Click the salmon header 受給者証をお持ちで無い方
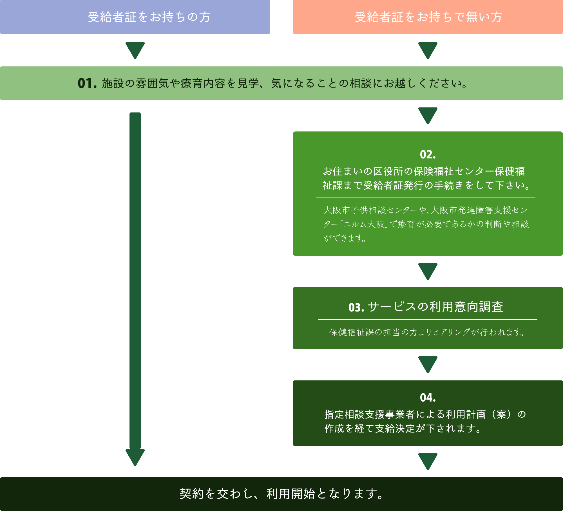pos(428,17)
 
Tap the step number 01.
pos(87,83)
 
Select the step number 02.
pos(428,154)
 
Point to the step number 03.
pos(356,307)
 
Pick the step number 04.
pos(428,398)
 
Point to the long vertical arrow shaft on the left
pos(135,281)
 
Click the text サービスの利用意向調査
pos(435,307)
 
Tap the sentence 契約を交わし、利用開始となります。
pos(281,494)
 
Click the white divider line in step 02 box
pos(426,198)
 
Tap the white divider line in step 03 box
pos(428,319)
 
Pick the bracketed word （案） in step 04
pos(501,414)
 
